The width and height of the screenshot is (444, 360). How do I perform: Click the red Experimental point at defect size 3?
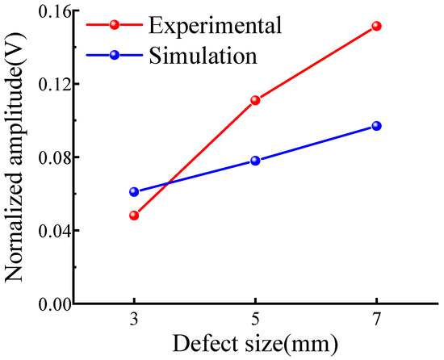[134, 216]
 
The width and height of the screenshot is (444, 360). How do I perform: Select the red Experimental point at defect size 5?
[255, 100]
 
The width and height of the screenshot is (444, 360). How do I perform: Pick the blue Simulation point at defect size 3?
[134, 192]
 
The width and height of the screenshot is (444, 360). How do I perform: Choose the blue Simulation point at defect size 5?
[255, 161]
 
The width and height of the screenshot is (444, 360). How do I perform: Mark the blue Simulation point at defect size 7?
[376, 126]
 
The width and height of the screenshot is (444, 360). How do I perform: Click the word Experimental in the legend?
[215, 26]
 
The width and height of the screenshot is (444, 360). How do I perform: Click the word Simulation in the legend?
[203, 56]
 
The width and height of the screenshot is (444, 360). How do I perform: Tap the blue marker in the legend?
[115, 56]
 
